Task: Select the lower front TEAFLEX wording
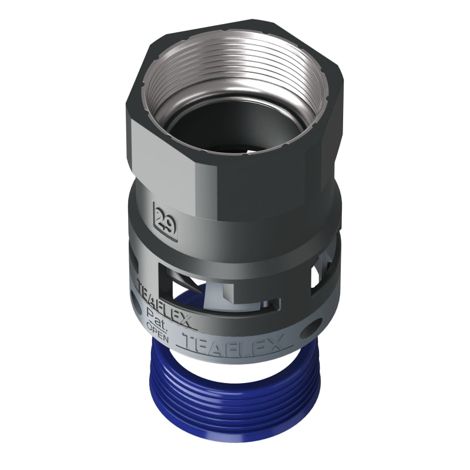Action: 234,344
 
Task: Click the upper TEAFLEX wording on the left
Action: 164,303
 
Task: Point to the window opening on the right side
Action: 321,276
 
